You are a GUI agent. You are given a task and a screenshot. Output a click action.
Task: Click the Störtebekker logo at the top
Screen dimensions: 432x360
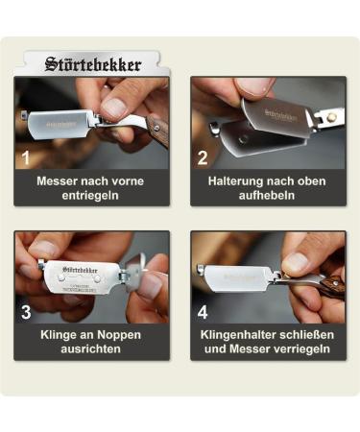click(92, 65)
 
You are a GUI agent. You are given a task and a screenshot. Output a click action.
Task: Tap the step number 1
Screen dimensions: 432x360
click(26, 157)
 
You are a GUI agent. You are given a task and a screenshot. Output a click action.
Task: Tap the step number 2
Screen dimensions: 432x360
click(203, 157)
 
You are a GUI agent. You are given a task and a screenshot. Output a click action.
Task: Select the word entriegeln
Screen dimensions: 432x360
click(92, 195)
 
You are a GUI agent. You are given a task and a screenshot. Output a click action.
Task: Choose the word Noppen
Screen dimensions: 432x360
click(121, 335)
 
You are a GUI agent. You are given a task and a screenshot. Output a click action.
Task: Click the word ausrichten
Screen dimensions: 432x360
click(92, 349)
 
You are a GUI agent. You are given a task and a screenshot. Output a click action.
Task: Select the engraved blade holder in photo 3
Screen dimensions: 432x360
click(82, 277)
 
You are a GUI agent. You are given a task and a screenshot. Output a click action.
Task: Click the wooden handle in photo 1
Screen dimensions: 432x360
click(157, 126)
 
